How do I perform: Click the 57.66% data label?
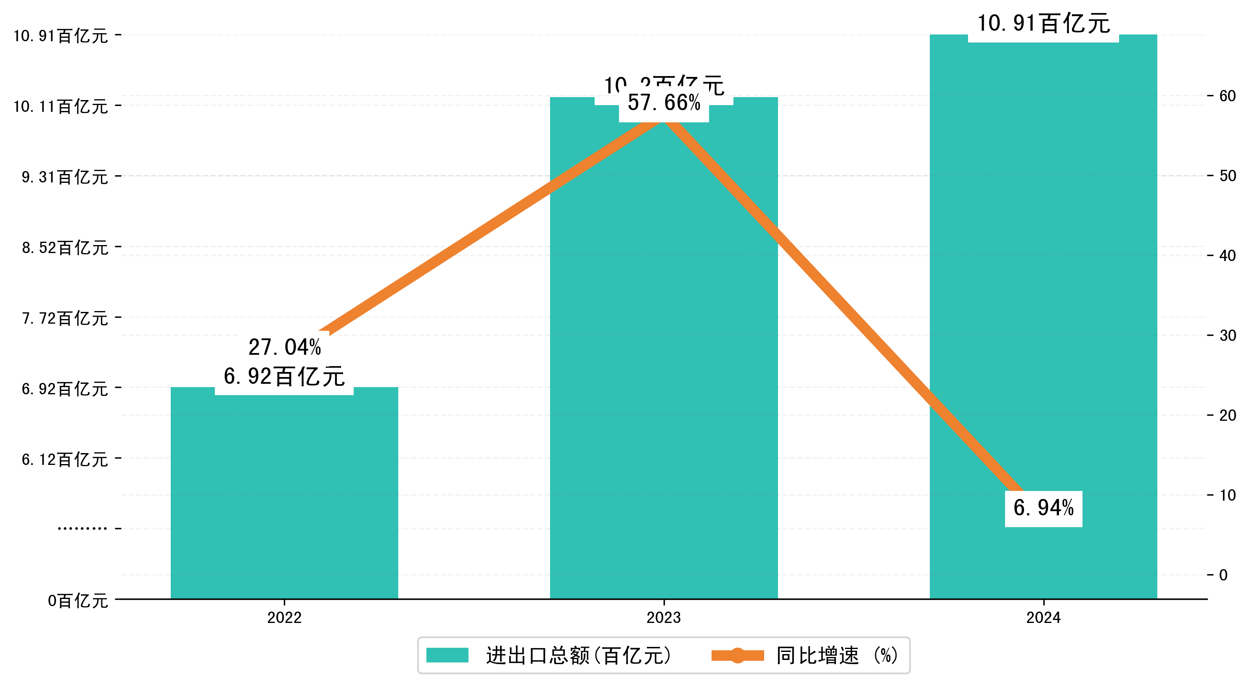(664, 103)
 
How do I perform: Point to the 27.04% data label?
(285, 347)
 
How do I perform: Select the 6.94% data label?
(1043, 508)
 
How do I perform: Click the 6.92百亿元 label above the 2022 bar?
(284, 377)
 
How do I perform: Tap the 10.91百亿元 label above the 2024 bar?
(1043, 23)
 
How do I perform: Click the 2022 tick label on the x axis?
(284, 617)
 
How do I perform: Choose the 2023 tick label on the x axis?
(663, 617)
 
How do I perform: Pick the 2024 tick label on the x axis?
(1043, 617)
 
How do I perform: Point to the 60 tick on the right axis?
(1227, 96)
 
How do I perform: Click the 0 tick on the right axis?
(1223, 575)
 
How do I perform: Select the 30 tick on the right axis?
(1227, 335)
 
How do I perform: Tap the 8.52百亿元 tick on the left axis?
(64, 248)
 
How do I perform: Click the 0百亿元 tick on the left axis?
(77, 601)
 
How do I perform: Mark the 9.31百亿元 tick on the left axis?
(64, 177)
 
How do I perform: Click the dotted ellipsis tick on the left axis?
(82, 528)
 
